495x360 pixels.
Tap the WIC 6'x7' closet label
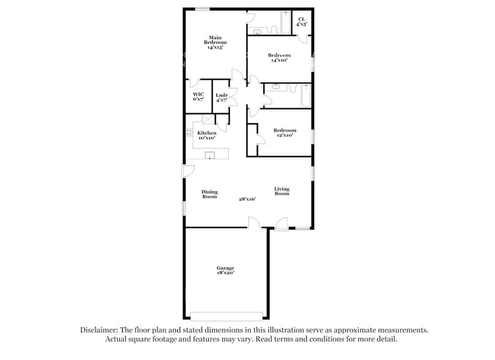[198, 96]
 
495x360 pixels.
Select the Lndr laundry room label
[221, 97]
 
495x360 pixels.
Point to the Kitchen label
[206, 133]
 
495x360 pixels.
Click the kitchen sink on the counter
[209, 154]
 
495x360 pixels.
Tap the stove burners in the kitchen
[190, 132]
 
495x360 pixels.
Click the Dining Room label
[209, 194]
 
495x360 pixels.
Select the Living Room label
[281, 191]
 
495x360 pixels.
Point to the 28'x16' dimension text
[247, 198]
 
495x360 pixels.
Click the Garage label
[225, 268]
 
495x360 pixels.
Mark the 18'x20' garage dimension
[225, 274]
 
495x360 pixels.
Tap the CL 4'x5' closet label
[302, 21]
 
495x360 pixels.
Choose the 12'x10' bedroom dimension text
[285, 135]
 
